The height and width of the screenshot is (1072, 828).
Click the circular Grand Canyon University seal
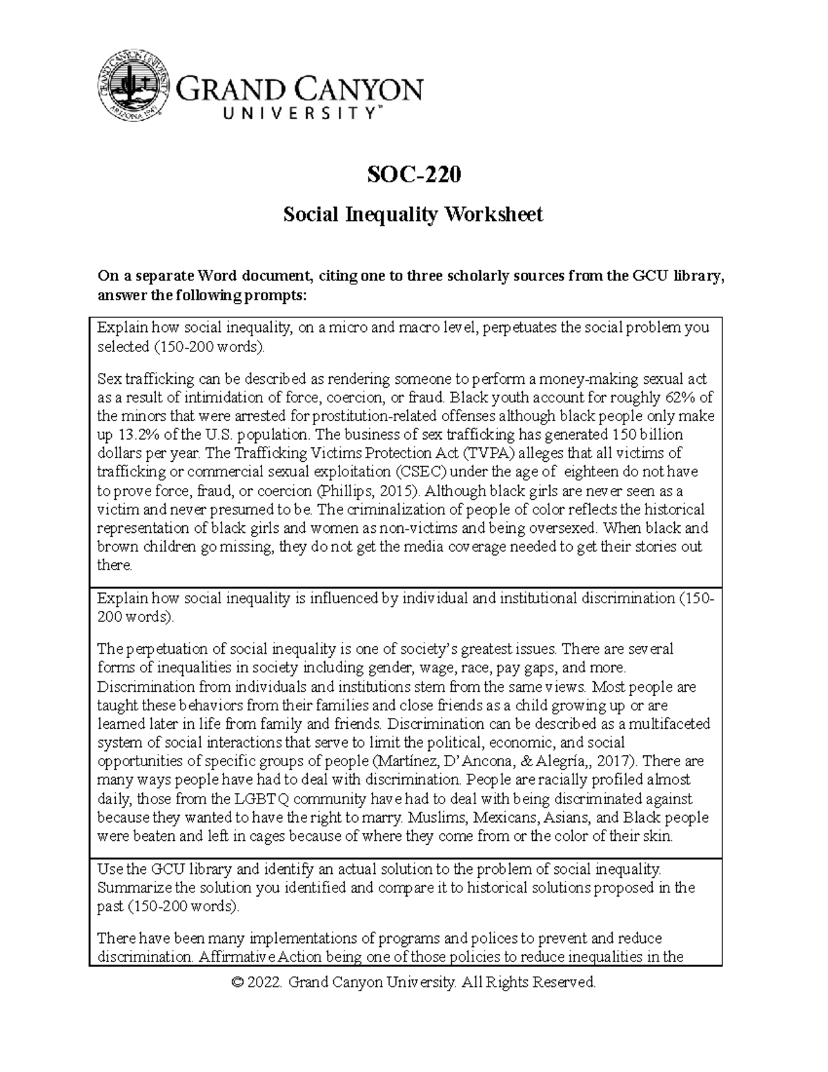click(133, 88)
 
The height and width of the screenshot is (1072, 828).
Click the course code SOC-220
click(413, 175)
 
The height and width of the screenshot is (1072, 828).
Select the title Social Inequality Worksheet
click(413, 215)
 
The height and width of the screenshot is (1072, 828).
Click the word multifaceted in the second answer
click(669, 724)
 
